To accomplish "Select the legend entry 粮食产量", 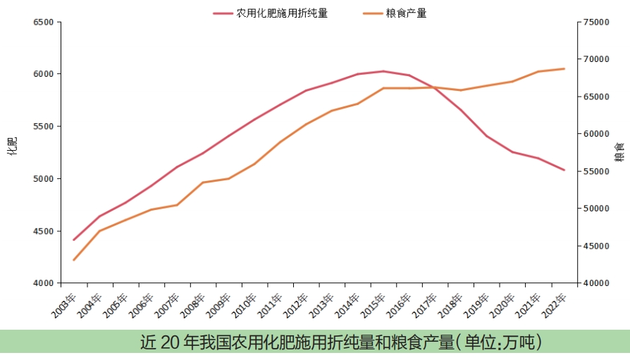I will tap(406, 13).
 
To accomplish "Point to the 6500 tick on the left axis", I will tap(44, 22).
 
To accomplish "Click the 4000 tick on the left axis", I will tap(44, 283).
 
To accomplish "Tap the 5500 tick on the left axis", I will tap(44, 126).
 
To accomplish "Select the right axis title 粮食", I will tap(620, 151).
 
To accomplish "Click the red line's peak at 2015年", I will tap(383, 71).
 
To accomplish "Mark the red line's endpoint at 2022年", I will tap(564, 170).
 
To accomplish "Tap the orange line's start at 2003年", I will tap(73, 260).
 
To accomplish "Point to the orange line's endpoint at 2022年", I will tap(564, 68).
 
